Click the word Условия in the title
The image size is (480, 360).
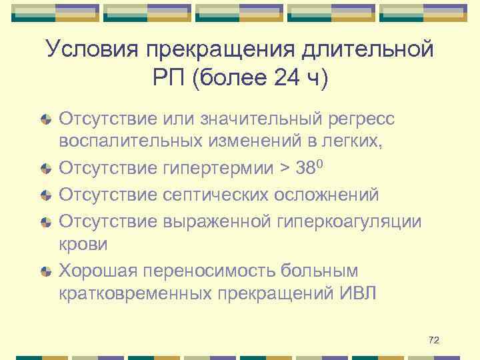click(x=89, y=50)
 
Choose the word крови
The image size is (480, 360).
click(x=83, y=245)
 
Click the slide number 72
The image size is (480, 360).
click(x=434, y=341)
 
